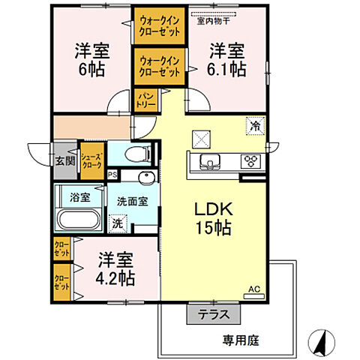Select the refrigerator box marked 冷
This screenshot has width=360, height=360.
(256, 127)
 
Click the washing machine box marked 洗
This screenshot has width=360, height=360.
(118, 223)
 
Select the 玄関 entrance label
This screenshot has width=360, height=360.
(64, 160)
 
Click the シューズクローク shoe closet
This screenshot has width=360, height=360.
(91, 160)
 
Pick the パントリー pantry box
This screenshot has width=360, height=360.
(145, 100)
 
